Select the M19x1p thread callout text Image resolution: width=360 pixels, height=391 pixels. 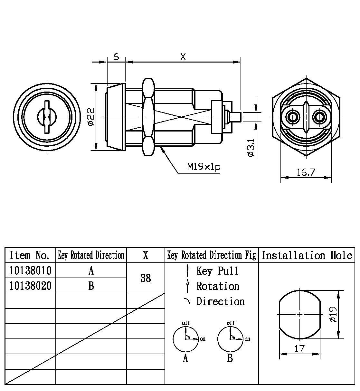(x=204, y=167)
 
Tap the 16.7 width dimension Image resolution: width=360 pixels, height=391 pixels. (x=306, y=172)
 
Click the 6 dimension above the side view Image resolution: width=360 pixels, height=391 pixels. (x=116, y=57)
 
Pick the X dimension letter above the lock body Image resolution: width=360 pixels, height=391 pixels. (x=183, y=57)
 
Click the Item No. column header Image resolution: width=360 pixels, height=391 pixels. (x=30, y=255)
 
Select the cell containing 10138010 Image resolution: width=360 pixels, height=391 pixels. (x=30, y=270)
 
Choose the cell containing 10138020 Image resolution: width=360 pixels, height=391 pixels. (x=30, y=286)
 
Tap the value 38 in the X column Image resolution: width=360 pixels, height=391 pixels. (x=146, y=278)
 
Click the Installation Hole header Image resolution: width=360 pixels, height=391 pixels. (x=307, y=255)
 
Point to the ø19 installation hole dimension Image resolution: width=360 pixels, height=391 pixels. (x=333, y=314)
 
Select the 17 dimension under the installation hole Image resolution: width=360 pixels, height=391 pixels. (x=299, y=348)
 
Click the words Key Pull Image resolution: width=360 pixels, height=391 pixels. (x=218, y=271)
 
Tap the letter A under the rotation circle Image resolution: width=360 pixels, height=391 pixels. (x=185, y=358)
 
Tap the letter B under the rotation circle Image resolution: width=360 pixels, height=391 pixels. (x=230, y=358)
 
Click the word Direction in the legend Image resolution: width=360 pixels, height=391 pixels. (x=221, y=301)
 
